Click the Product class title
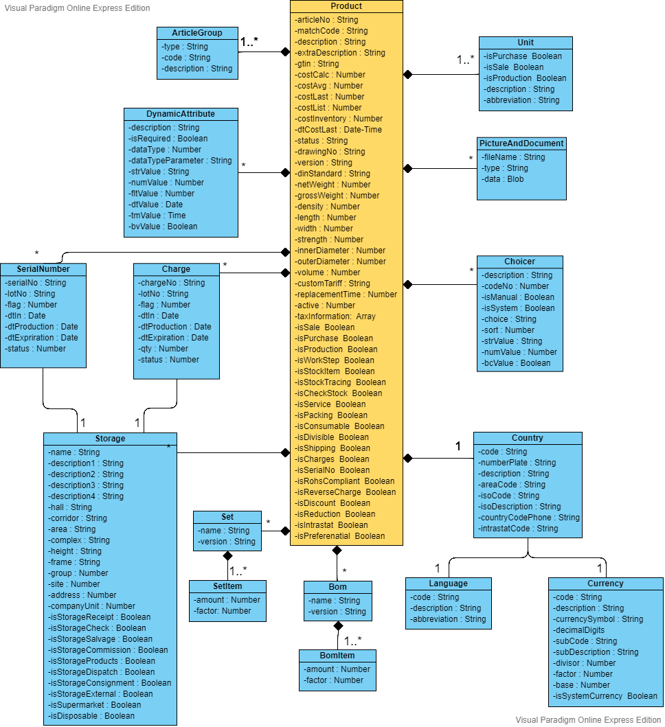pyautogui.click(x=346, y=6)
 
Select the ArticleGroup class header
pyautogui.click(x=196, y=33)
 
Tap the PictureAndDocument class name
pyautogui.click(x=521, y=143)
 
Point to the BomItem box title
pyautogui.click(x=337, y=655)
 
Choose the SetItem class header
pyautogui.click(x=227, y=586)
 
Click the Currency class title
pyautogui.click(x=605, y=584)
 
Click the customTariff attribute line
pyautogui.click(x=332, y=284)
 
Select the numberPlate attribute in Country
pyautogui.click(x=517, y=463)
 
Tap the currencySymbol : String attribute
pyautogui.click(x=598, y=619)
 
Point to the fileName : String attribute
pyautogui.click(x=513, y=157)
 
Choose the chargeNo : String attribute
pyautogui.click(x=171, y=283)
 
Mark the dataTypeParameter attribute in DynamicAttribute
pyautogui.click(x=180, y=161)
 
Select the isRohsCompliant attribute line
pyautogui.click(x=345, y=481)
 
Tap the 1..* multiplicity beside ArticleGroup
pyautogui.click(x=249, y=43)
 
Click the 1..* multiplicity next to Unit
pyautogui.click(x=466, y=60)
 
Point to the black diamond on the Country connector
pyautogui.click(x=407, y=458)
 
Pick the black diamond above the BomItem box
pyautogui.click(x=337, y=625)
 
